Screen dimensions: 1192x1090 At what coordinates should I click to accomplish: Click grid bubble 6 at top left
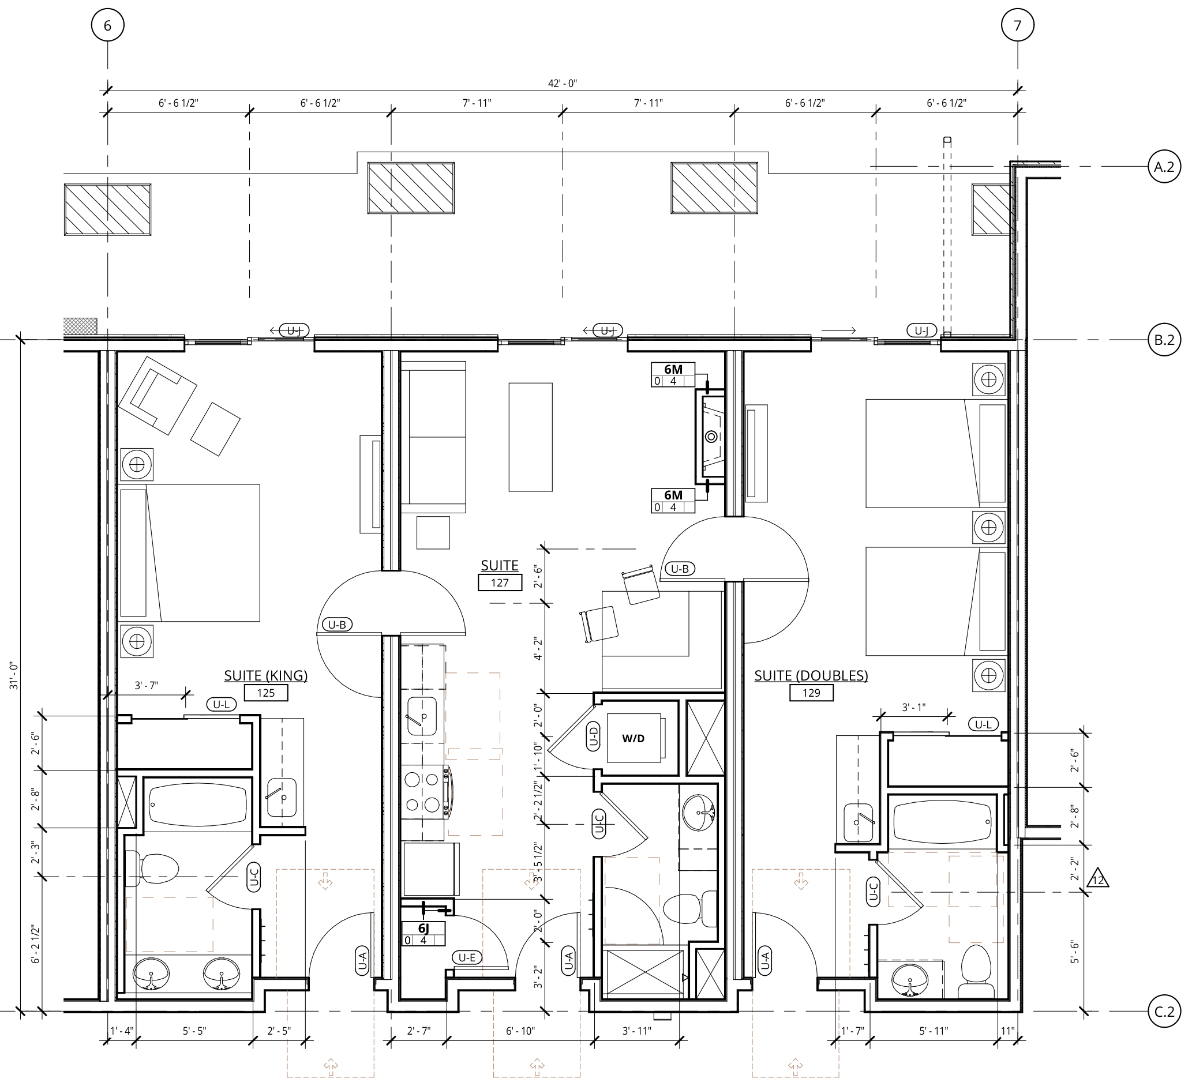pos(108,26)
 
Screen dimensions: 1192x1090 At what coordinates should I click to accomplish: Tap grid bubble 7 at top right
pos(1018,26)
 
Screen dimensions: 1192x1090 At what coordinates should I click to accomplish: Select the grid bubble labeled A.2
pos(1164,167)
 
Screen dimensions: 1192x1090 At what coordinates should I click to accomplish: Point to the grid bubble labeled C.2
pos(1164,1012)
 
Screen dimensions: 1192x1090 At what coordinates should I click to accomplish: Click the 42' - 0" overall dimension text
pos(563,84)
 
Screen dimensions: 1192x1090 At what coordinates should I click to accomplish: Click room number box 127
pos(500,583)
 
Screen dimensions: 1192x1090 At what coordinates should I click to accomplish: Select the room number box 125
pos(266,693)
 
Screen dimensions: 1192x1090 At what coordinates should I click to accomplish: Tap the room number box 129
pos(811,693)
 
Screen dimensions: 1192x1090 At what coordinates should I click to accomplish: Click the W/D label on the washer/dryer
pos(634,738)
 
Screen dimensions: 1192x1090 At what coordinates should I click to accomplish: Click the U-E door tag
pos(467,957)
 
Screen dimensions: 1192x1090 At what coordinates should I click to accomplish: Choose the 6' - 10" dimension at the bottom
pos(520,1031)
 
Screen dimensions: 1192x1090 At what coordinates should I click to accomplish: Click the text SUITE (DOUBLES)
pos(811,676)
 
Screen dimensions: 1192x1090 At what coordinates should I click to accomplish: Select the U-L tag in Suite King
pos(221,704)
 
